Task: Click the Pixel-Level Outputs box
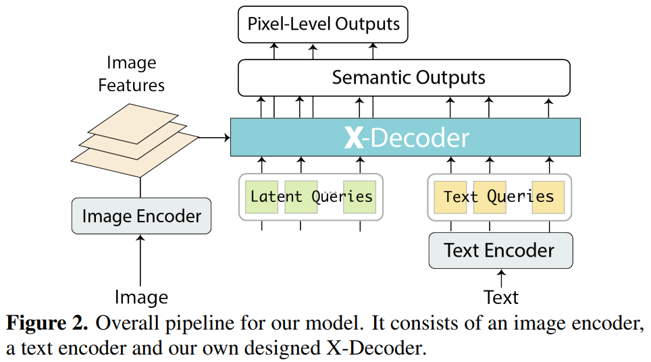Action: (x=323, y=25)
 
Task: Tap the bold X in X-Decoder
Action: (x=354, y=138)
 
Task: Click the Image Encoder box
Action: (x=141, y=216)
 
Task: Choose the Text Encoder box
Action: (x=500, y=251)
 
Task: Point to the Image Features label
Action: (x=131, y=74)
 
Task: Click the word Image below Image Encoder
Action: (x=140, y=297)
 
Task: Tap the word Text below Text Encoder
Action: (x=500, y=297)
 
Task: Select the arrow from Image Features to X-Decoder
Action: (x=215, y=138)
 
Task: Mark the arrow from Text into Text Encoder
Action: (x=500, y=277)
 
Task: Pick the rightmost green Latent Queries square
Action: (x=359, y=197)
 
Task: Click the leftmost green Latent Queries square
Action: (x=262, y=197)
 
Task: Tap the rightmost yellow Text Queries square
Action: (x=548, y=197)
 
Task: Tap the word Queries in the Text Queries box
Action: (x=521, y=197)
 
